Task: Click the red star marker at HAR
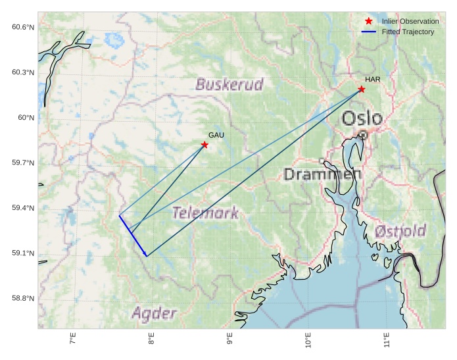pos(362,89)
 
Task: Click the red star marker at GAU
pos(204,145)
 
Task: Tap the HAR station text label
pos(373,80)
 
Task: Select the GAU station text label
pos(216,135)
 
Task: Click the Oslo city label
pos(362,118)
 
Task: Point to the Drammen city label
pos(322,174)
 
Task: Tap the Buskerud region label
pos(229,84)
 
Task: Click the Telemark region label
pos(205,213)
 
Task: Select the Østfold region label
pos(400,232)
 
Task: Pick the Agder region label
pos(155,313)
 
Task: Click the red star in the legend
pos(368,21)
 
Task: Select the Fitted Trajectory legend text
pos(408,32)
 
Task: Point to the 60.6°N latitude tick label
pos(22,27)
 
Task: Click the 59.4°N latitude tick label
pos(22,208)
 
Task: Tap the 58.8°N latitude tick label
pos(22,299)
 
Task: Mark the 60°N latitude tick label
pos(25,118)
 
